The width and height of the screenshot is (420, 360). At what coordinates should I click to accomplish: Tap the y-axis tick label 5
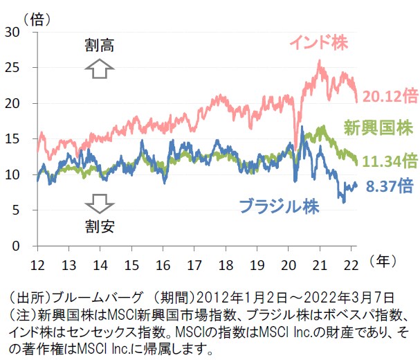tap(15, 210)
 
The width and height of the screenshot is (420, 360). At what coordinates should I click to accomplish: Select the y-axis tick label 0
tap(15, 246)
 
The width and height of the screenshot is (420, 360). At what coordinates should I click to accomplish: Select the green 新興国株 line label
tap(380, 126)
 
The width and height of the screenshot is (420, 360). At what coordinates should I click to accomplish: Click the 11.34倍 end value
tap(391, 161)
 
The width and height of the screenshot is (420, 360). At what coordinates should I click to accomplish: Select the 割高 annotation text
tap(100, 46)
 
